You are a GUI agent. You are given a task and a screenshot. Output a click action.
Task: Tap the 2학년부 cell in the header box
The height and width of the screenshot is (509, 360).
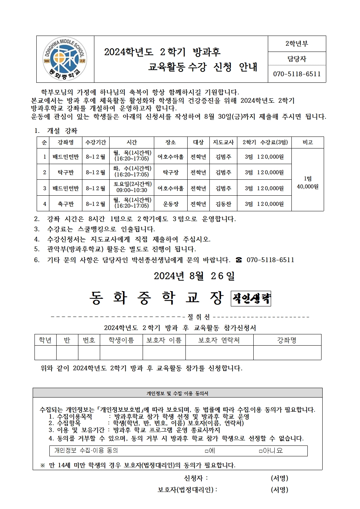296,44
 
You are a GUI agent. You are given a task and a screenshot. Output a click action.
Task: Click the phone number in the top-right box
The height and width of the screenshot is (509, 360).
296,74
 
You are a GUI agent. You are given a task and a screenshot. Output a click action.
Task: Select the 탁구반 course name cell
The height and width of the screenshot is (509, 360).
66,172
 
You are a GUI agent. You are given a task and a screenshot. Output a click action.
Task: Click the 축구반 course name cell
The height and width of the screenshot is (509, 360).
66,204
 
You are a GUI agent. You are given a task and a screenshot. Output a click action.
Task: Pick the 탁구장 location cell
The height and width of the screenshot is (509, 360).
170,172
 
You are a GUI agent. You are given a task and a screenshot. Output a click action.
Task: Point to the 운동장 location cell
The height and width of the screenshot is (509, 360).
170,204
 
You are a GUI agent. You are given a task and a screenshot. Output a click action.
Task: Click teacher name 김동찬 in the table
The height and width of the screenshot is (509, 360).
223,204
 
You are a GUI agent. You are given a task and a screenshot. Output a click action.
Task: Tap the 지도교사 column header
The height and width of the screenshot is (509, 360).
223,142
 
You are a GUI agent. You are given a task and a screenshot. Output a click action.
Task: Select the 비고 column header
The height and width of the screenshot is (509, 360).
307,142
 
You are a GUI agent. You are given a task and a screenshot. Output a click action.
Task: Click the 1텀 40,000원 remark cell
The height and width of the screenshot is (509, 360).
307,183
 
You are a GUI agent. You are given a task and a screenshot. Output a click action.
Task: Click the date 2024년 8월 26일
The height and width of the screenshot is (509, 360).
194,276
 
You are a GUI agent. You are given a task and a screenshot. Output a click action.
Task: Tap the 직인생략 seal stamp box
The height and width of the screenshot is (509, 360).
251,299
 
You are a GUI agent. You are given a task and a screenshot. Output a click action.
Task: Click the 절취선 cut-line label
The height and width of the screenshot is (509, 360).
199,317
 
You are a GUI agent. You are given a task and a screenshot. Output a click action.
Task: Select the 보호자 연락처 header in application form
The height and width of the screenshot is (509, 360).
219,340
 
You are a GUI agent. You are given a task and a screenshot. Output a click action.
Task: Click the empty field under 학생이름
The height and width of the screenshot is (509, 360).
121,353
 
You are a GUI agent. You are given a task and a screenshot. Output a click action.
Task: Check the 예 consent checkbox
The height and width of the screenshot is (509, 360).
206,451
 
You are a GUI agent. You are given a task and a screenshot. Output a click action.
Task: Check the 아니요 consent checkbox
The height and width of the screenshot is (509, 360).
261,451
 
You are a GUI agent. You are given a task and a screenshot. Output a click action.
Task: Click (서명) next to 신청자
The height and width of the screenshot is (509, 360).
279,478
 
